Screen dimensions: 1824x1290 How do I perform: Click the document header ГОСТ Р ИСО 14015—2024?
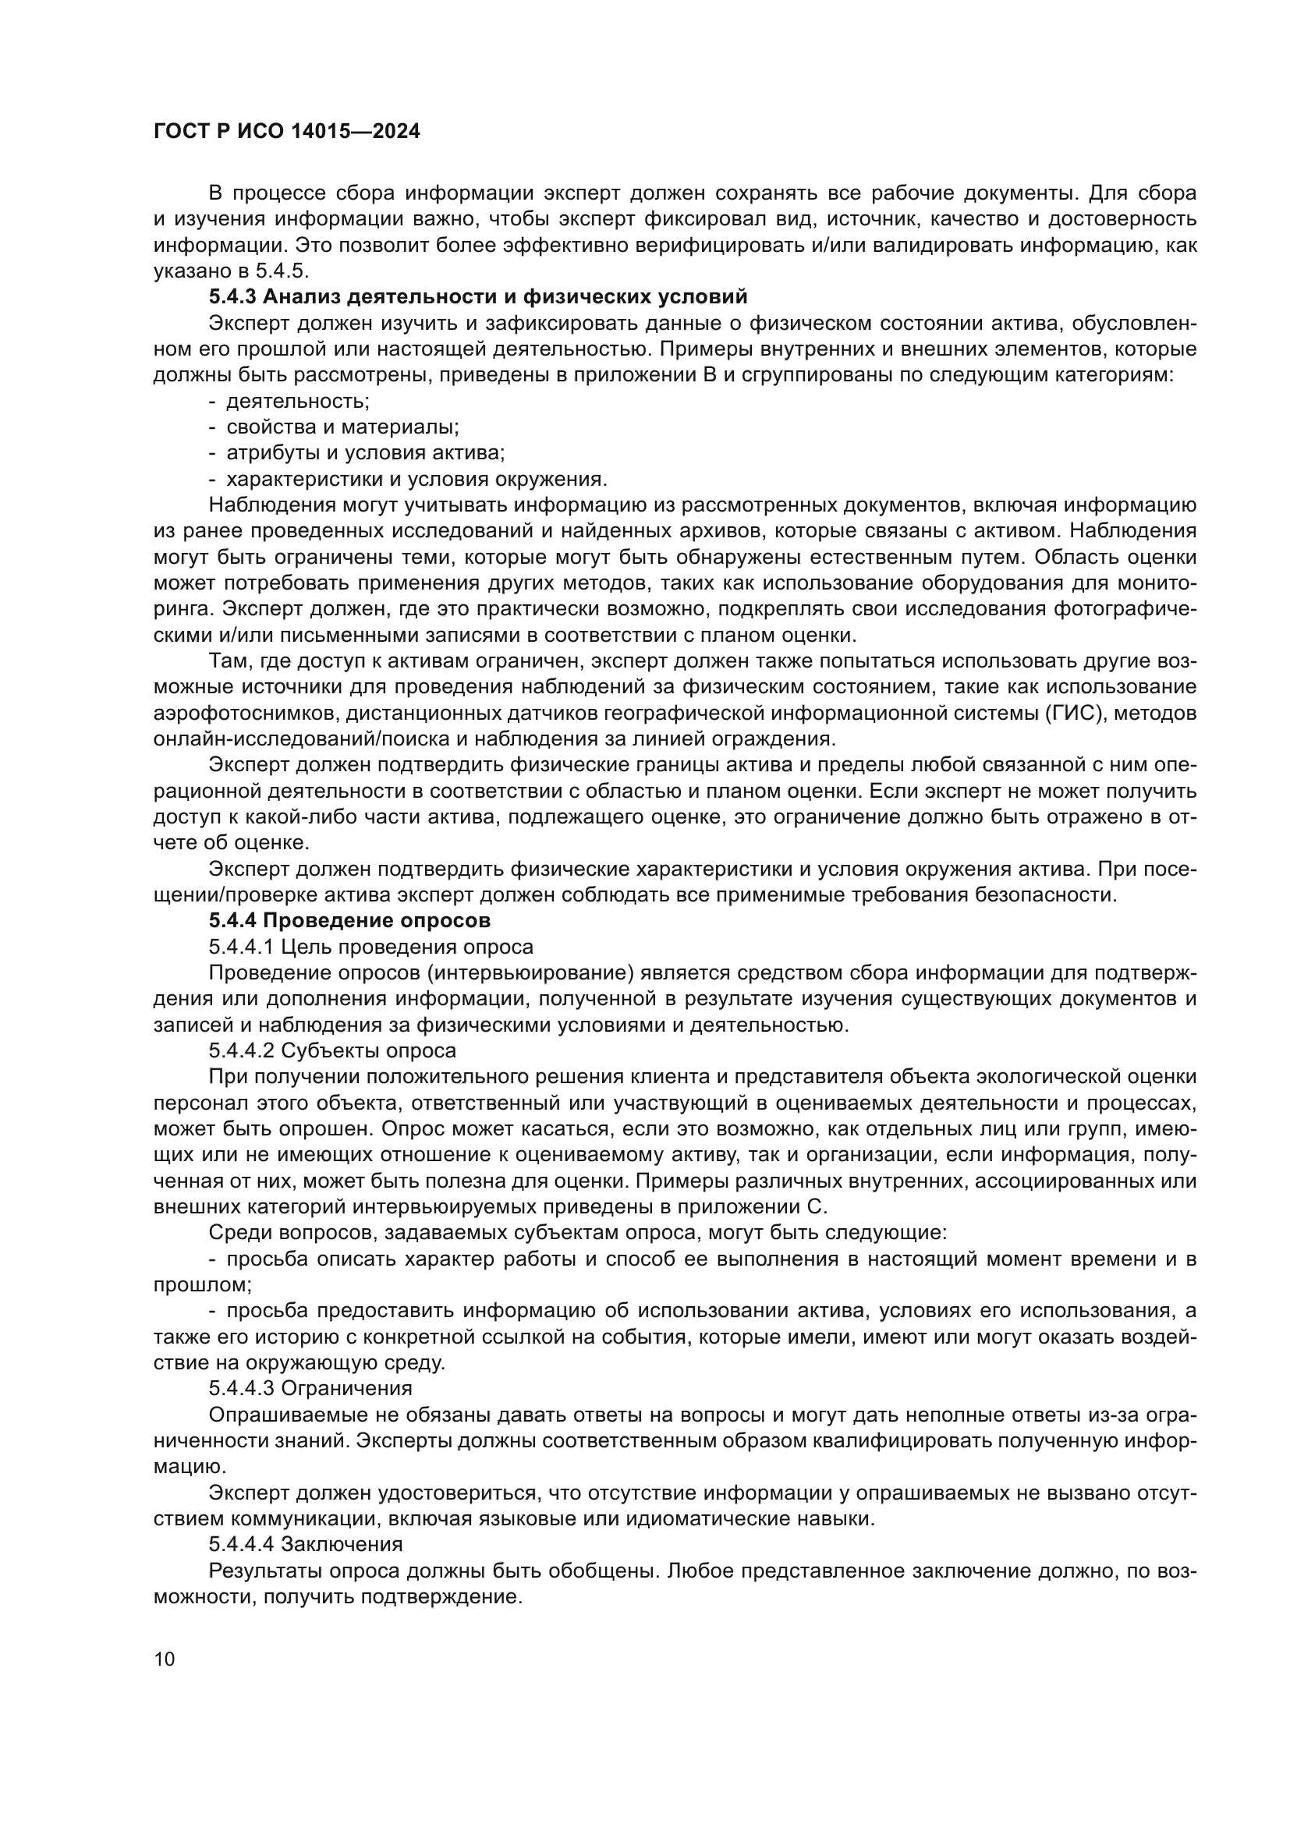[287, 132]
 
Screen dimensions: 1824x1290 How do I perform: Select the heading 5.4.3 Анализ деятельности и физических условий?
[478, 297]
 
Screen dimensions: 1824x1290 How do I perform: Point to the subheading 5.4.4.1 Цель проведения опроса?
[371, 947]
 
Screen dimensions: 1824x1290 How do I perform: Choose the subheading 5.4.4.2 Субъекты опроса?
[333, 1051]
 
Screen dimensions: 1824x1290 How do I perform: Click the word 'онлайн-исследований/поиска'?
[289, 738]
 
